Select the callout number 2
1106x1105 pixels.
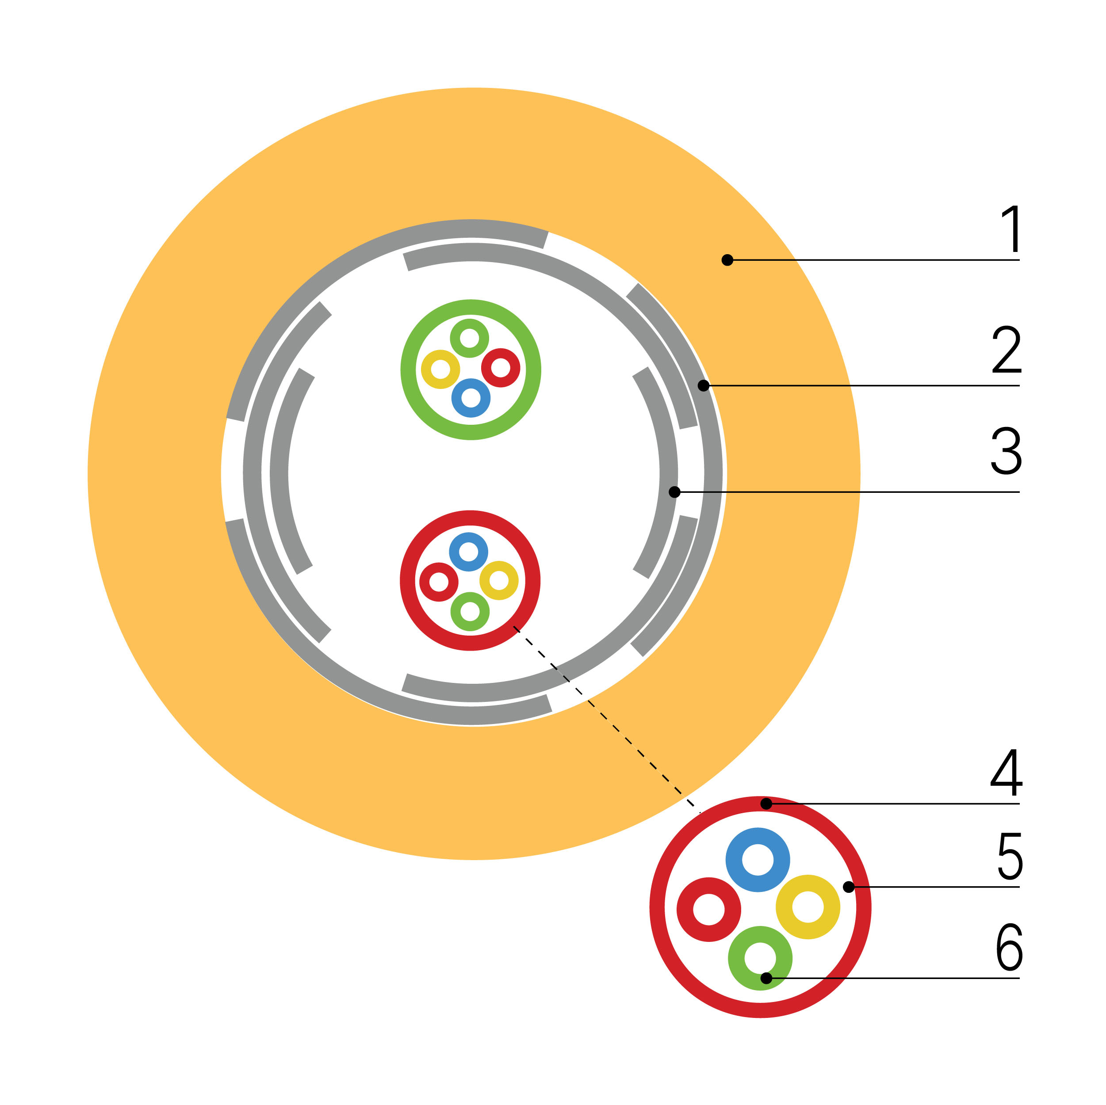tap(1007, 349)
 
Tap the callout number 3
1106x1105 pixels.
tap(1006, 450)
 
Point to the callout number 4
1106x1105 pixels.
tap(1006, 772)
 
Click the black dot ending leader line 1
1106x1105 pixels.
tap(727, 260)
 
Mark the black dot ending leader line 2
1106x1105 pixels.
tap(704, 386)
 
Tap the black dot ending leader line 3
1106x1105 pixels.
tap(674, 492)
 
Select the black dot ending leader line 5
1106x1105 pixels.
tap(848, 887)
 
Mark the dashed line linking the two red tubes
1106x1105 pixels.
tap(606, 719)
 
